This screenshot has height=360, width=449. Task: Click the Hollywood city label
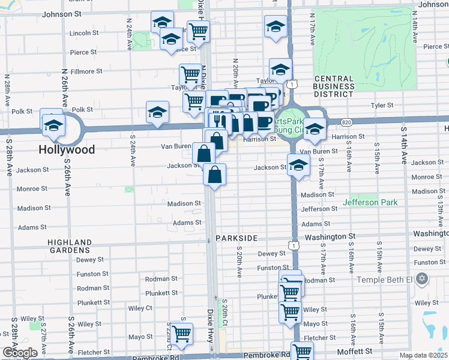pos(67,149)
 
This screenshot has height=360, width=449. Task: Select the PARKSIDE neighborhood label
pos(241,238)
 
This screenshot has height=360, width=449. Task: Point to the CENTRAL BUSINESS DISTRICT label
pos(334,86)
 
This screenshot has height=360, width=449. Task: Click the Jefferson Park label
pos(370,202)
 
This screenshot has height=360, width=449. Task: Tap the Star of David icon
pos(422,279)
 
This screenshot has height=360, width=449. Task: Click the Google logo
pos(20,353)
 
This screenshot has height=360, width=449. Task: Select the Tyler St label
pos(381,105)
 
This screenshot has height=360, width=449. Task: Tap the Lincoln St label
pos(83,33)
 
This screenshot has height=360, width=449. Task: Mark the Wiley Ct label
pos(140,308)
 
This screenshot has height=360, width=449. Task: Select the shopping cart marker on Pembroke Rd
pos(302,351)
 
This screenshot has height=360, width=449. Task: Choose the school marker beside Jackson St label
pos(298,166)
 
